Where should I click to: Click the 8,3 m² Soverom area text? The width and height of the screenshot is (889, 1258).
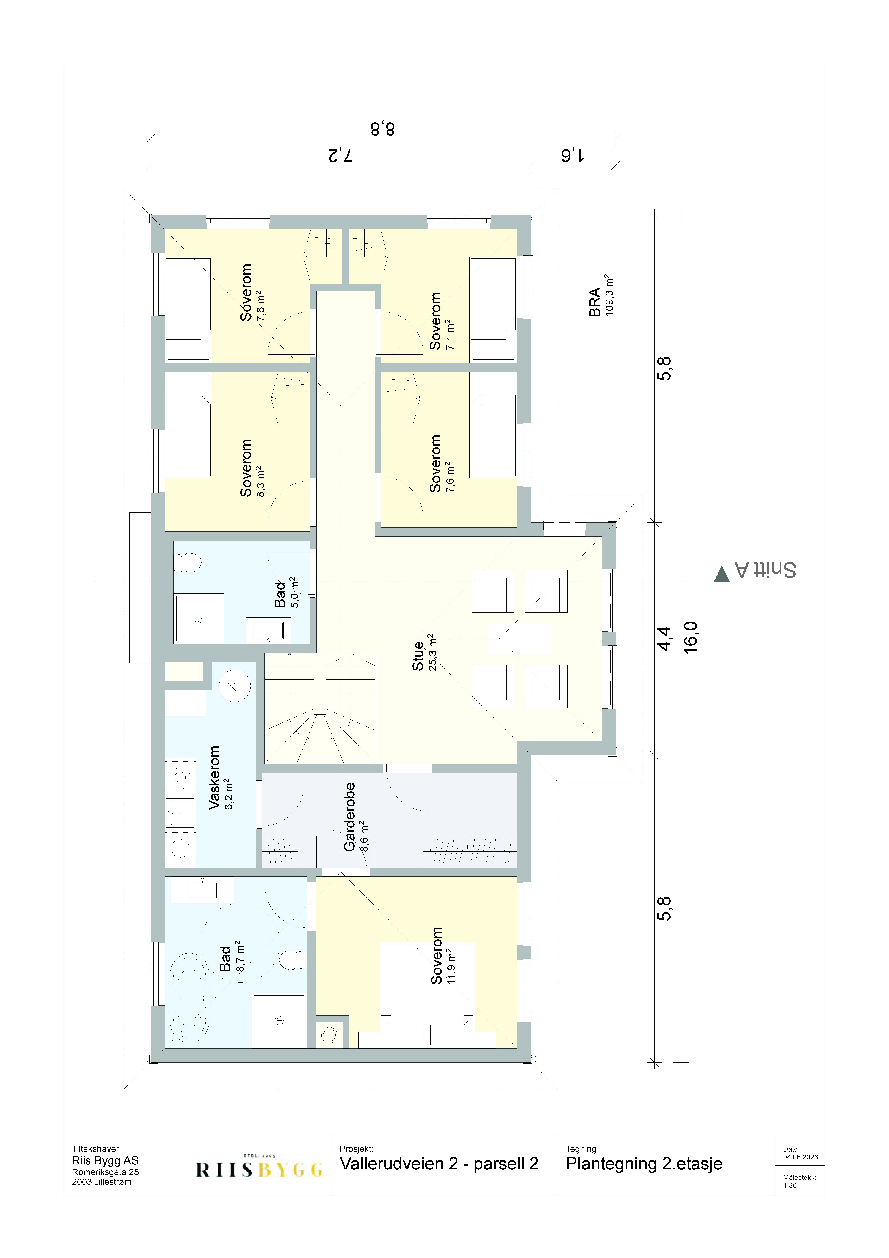point(261,481)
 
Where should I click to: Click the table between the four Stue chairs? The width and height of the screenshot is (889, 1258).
point(519,638)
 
